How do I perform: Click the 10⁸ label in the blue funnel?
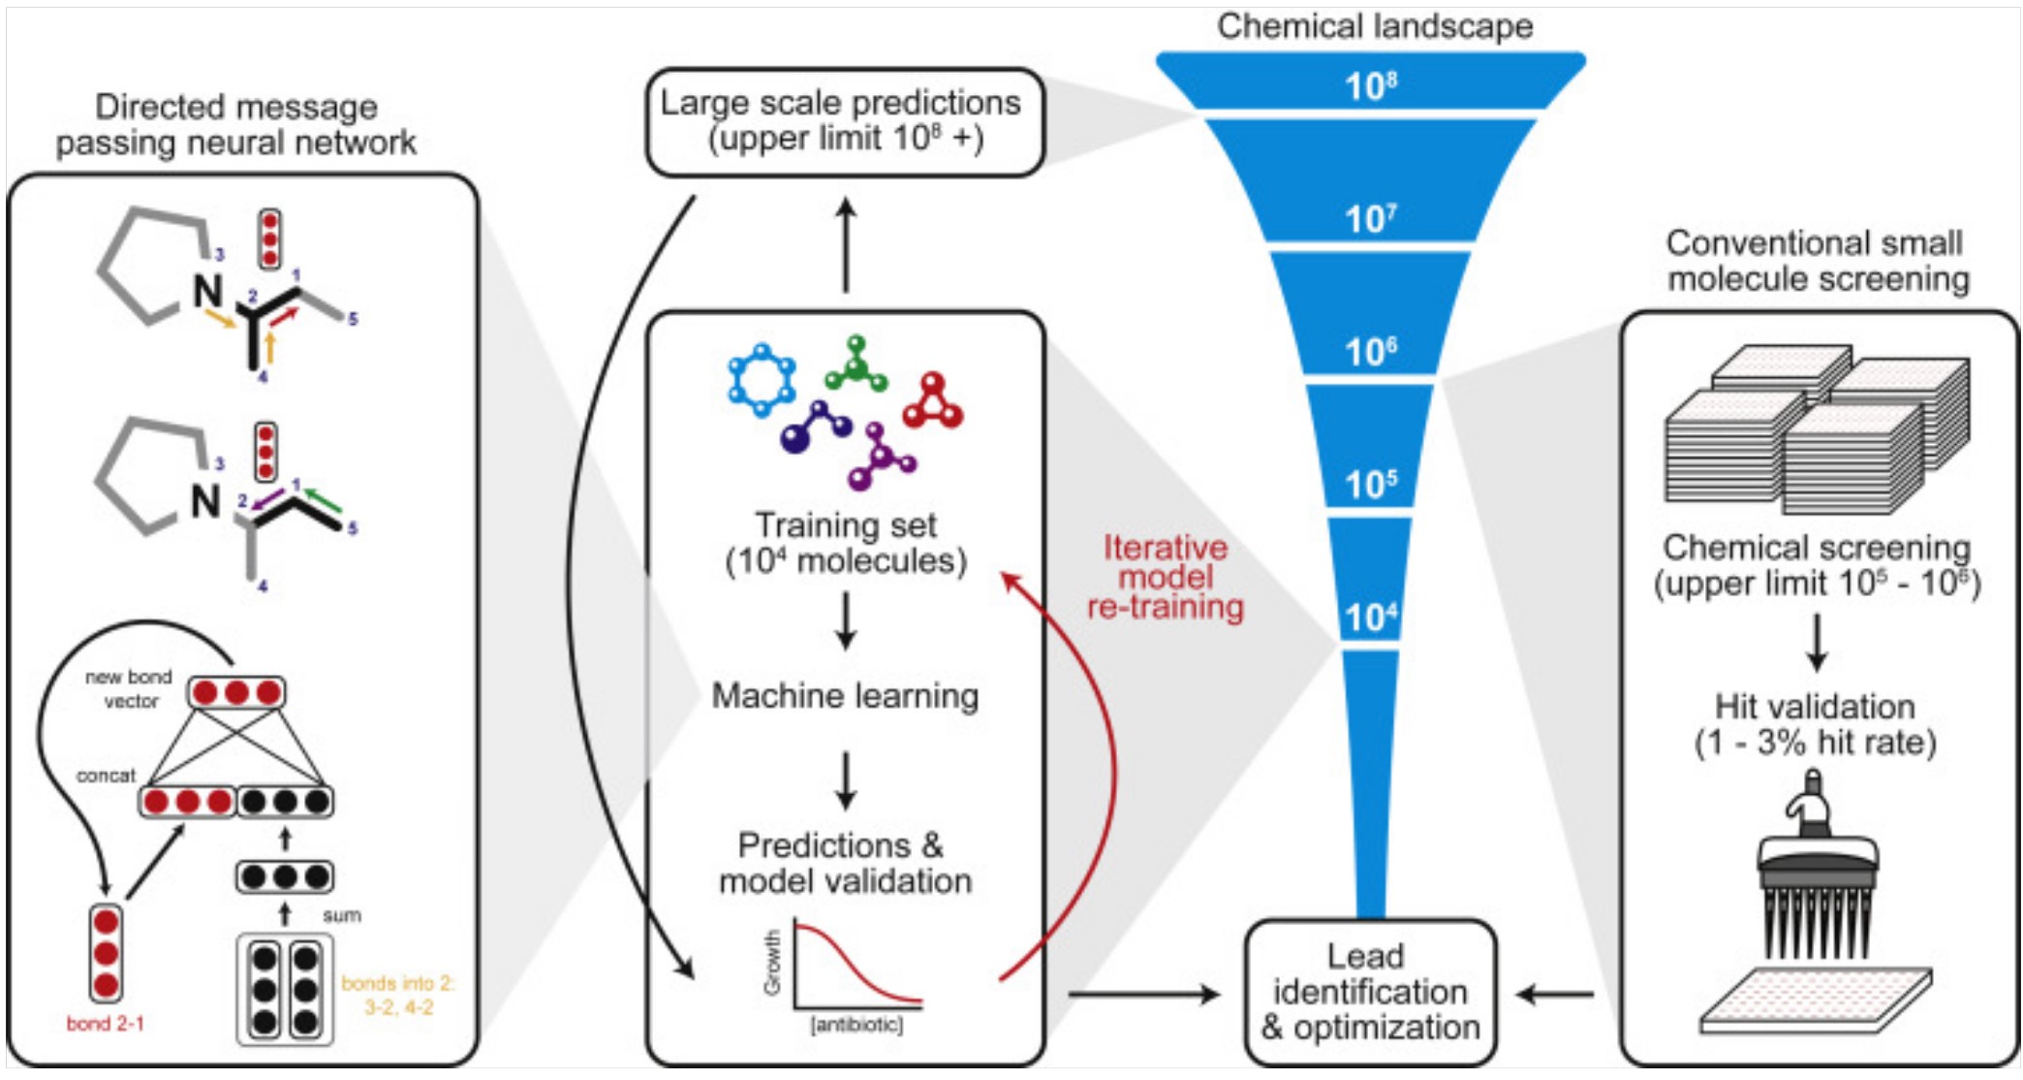coord(1371,86)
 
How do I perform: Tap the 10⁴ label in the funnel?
coord(1370,617)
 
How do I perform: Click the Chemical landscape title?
coord(1375,26)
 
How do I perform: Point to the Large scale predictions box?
coord(844,121)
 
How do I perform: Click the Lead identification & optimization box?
coord(1370,992)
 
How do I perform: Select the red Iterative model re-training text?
coord(1166,577)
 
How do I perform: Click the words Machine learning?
coord(845,695)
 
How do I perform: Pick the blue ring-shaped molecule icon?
coord(762,379)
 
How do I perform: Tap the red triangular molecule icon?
coord(933,401)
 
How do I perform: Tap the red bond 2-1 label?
coord(105,1023)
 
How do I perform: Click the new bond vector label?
coord(129,688)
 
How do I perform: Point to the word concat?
coord(106,776)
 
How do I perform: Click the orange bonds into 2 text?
coord(398,995)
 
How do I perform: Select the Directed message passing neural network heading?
coord(235,124)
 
